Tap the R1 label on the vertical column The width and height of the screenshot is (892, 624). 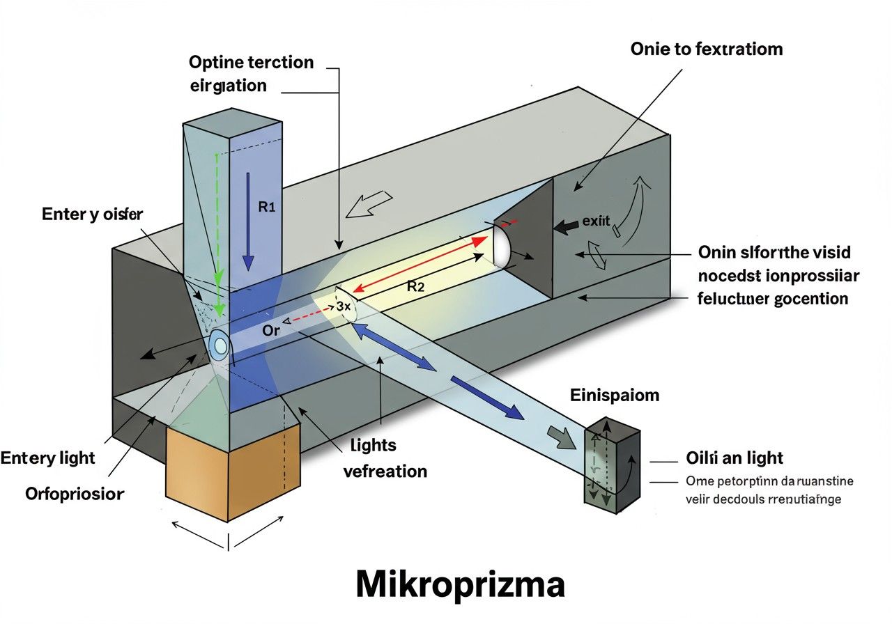tap(268, 207)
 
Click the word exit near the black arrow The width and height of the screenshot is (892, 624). tap(596, 222)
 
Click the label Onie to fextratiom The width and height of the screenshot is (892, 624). tap(706, 49)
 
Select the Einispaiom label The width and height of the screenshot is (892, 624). tap(615, 396)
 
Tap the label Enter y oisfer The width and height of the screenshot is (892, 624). tap(92, 214)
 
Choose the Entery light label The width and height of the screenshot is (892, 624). tap(47, 458)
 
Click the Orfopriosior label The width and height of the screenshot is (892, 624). tap(75, 494)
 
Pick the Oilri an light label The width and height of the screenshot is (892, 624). tap(735, 458)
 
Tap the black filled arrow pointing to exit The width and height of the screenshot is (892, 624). tap(566, 226)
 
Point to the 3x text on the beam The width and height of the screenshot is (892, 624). tap(342, 306)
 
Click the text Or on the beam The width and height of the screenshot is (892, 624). tap(271, 330)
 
